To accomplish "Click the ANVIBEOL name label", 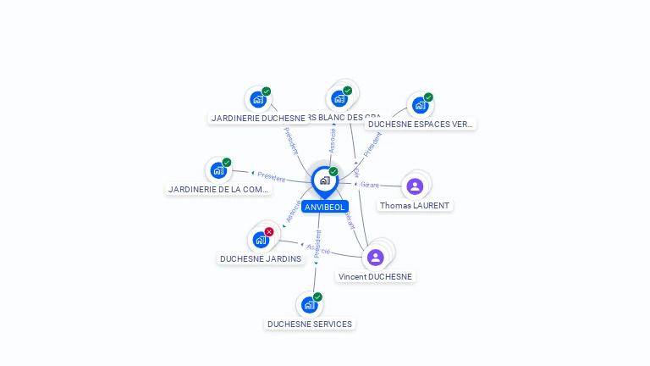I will click(x=324, y=207).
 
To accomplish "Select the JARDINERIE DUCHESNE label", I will click(x=257, y=118).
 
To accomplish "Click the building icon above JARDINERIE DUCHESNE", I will click(x=258, y=100).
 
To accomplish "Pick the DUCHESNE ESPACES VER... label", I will click(x=421, y=124).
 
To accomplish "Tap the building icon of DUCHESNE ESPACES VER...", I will click(x=420, y=106).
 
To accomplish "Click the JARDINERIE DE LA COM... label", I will click(x=218, y=189).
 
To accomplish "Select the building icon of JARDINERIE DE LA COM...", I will click(x=218, y=170).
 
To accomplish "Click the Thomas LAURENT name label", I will click(x=415, y=205).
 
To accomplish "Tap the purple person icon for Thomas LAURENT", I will click(x=415, y=186).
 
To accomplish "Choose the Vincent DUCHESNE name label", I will click(x=375, y=276).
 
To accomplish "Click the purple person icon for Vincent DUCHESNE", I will click(x=375, y=257).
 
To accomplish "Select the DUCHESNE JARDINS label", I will click(x=261, y=258).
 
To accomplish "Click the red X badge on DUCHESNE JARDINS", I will click(x=269, y=231).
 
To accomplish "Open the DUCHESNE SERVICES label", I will click(x=310, y=324).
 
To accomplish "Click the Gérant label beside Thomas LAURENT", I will click(x=370, y=184).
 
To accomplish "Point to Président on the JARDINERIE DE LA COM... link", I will click(x=271, y=176).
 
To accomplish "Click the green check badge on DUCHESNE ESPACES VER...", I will click(x=428, y=97).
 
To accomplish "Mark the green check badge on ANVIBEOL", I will click(x=333, y=172).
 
